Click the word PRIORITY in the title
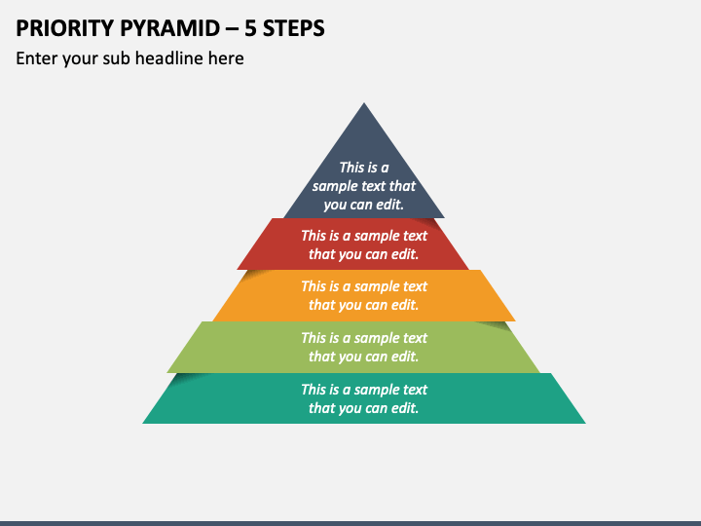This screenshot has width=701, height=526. pyautogui.click(x=64, y=28)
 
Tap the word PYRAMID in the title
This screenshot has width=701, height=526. pyautogui.click(x=169, y=28)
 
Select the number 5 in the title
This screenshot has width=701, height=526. pyautogui.click(x=250, y=28)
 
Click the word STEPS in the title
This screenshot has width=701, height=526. pyautogui.click(x=294, y=28)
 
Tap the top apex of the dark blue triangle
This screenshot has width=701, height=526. pyautogui.click(x=364, y=103)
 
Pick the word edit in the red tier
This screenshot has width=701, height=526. pyautogui.click(x=405, y=254)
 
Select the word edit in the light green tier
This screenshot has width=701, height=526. pyautogui.click(x=405, y=357)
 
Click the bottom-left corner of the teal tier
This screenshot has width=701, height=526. pyautogui.click(x=142, y=423)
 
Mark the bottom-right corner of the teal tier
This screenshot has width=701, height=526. pyautogui.click(x=586, y=423)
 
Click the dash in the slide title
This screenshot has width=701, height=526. pyautogui.click(x=233, y=29)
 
